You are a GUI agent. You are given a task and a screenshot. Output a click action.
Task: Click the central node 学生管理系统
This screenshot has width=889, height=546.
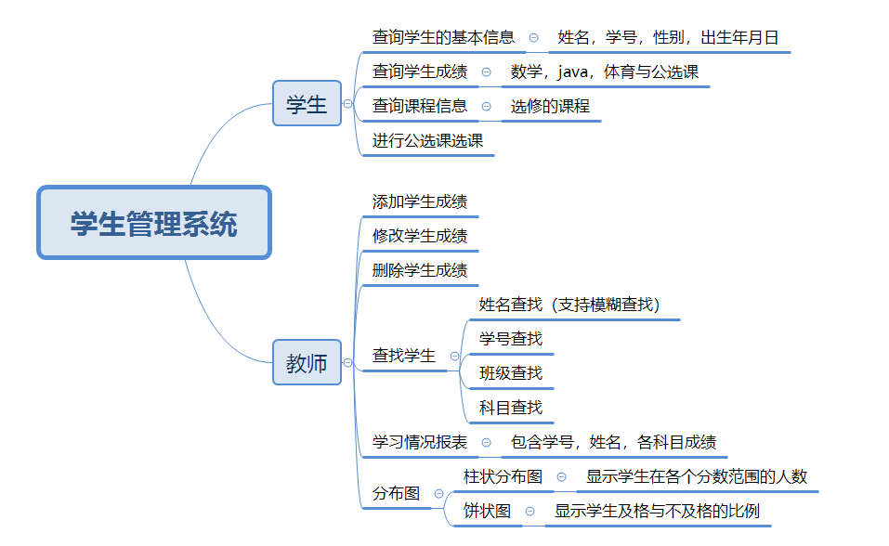154,223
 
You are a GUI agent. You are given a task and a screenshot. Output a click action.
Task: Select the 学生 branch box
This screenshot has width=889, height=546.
307,104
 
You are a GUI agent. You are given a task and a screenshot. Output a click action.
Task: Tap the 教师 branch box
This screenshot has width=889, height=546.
307,363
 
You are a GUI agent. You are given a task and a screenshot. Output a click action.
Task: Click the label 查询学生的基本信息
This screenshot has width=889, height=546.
443,38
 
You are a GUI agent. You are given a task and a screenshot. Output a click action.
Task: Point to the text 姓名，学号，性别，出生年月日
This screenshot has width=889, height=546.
668,38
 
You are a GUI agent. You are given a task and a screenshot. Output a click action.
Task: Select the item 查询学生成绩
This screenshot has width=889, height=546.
420,71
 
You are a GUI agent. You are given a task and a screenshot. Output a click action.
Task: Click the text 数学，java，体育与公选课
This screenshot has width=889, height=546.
605,71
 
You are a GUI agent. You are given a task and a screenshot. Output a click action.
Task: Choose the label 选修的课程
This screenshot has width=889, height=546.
550,106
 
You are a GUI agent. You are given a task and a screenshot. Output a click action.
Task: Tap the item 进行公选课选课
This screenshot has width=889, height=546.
428,140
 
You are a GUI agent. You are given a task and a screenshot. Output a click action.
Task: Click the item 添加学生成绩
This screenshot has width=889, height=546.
420,201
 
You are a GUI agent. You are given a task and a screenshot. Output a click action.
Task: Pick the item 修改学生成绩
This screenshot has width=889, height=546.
420,236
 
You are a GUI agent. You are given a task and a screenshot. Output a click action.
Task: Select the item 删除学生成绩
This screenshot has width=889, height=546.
420,270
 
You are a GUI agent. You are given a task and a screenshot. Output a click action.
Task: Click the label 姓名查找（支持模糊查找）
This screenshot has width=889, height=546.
569,305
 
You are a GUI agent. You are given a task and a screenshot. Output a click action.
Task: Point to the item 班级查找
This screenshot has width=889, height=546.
511,373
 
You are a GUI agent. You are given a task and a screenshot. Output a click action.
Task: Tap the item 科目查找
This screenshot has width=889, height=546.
511,408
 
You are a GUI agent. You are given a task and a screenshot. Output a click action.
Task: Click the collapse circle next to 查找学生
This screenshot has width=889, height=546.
454,356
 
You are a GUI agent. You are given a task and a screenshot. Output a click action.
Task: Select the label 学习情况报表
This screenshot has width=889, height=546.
420,442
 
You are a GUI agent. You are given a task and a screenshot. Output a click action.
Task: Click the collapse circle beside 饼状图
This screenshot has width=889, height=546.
529,511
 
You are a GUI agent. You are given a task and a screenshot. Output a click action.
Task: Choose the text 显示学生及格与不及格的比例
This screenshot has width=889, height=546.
658,511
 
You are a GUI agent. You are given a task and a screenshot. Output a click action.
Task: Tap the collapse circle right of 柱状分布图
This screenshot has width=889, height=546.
561,476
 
